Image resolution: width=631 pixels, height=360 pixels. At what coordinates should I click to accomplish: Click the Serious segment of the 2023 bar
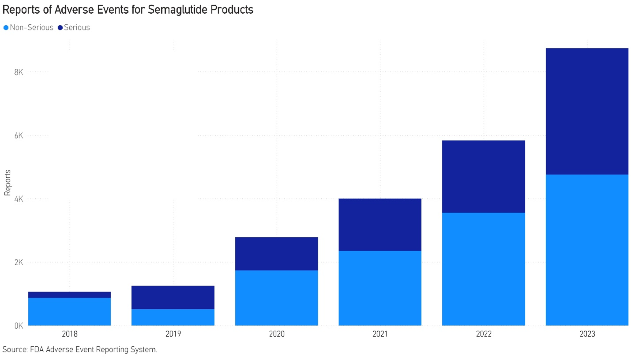point(587,111)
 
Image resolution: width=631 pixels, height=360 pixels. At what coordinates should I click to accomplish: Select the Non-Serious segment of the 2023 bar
point(587,250)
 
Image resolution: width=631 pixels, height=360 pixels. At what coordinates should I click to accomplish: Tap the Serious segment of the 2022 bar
point(483,176)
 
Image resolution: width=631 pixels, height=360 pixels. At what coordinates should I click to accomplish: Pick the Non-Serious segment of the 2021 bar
point(380,288)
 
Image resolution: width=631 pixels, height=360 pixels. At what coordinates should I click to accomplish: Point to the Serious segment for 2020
point(276,254)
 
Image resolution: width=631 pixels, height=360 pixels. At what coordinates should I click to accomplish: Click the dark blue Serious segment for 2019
point(173,297)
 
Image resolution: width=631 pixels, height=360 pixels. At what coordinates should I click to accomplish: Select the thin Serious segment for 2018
point(69,295)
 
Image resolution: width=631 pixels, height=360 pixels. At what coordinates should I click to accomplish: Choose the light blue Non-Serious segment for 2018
point(69,311)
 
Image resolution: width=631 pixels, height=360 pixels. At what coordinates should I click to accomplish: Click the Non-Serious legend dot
point(6,28)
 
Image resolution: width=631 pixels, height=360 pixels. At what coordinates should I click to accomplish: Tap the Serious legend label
point(77,28)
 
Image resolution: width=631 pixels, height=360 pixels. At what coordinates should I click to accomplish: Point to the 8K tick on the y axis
point(19,72)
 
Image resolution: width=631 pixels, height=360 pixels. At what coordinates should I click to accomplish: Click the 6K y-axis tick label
point(19,135)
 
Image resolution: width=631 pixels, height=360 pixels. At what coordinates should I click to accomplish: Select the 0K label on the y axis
point(19,326)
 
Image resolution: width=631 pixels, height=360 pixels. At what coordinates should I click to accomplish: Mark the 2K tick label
point(19,262)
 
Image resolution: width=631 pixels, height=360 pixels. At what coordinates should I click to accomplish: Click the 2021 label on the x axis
point(380,334)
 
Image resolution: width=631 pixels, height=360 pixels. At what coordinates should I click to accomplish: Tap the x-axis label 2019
point(173,334)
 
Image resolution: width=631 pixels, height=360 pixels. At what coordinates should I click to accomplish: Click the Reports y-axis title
point(8,182)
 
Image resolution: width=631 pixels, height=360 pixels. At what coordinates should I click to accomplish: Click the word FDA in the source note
point(36,350)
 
